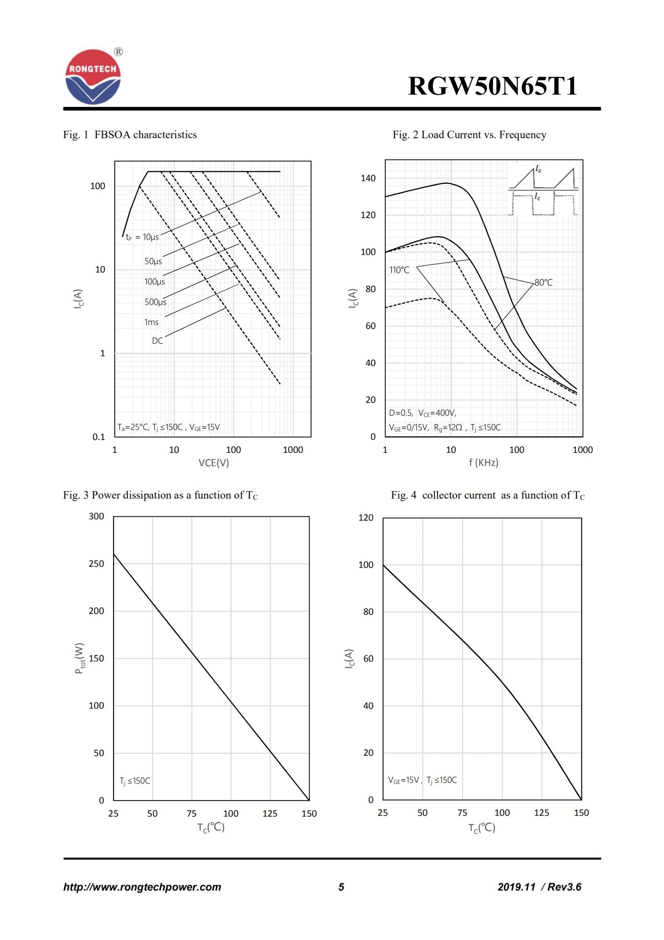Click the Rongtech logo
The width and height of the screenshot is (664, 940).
pos(93,77)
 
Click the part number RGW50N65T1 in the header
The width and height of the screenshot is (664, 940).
pos(493,86)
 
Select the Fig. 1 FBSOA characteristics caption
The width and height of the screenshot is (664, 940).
pos(130,135)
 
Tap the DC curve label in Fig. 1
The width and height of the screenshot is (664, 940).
pos(157,341)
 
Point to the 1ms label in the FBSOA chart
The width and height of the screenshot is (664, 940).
pos(152,322)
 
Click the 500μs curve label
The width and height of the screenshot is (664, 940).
pos(155,302)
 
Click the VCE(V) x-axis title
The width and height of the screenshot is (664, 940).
pos(214,463)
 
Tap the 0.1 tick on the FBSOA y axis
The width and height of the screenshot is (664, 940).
pos(99,437)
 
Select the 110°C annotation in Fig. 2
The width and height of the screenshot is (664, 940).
pos(399,270)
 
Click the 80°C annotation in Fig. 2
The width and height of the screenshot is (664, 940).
pos(543,282)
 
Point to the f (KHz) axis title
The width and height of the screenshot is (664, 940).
pos(483,463)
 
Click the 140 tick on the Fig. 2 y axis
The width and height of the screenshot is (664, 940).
pos(368,178)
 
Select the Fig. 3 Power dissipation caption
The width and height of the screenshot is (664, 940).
pos(160,495)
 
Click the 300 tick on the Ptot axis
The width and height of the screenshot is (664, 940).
pos(96,516)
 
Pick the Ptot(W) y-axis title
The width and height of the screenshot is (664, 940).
pos(80,658)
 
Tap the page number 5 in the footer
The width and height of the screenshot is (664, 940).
pos(341,887)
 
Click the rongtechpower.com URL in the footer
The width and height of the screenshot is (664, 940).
pos(142,887)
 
